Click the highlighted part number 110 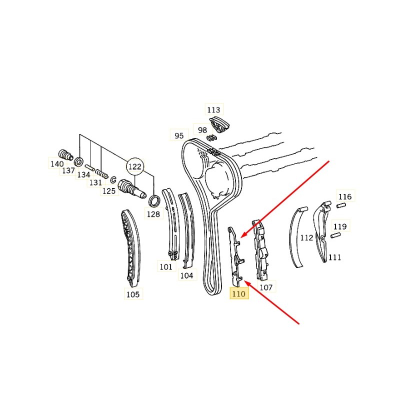pyautogui.click(x=238, y=294)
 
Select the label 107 pyautogui.click(x=266, y=287)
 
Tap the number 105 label pyautogui.click(x=133, y=294)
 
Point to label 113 pyautogui.click(x=213, y=109)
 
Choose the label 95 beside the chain pyautogui.click(x=179, y=135)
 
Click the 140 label pyautogui.click(x=56, y=163)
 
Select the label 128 pyautogui.click(x=153, y=214)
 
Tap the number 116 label pyautogui.click(x=345, y=196)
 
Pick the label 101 pyautogui.click(x=166, y=267)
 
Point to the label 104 pyautogui.click(x=186, y=275)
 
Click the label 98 pyautogui.click(x=202, y=130)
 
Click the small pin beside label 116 pyautogui.click(x=342, y=205)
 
